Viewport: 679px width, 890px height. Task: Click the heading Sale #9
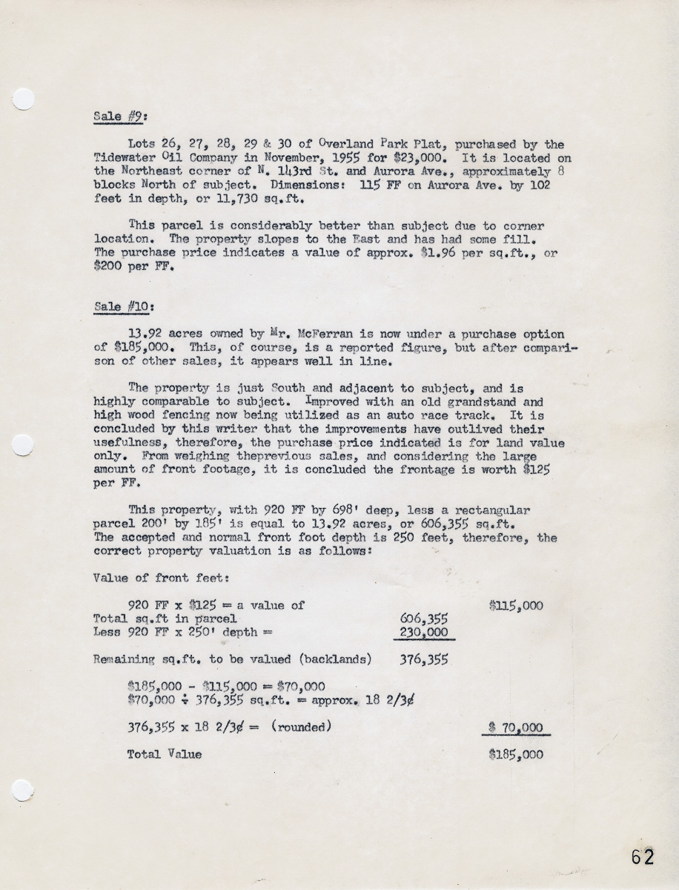pyautogui.click(x=114, y=116)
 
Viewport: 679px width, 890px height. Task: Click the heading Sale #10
pyautogui.click(x=117, y=306)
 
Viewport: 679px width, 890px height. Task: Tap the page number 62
pyautogui.click(x=643, y=857)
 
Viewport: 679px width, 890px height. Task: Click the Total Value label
pyautogui.click(x=165, y=754)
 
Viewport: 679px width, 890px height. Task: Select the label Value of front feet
pyautogui.click(x=152, y=577)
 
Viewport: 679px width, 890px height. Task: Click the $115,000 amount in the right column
pyautogui.click(x=516, y=605)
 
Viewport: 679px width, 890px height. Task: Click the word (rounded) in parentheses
pyautogui.click(x=301, y=727)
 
